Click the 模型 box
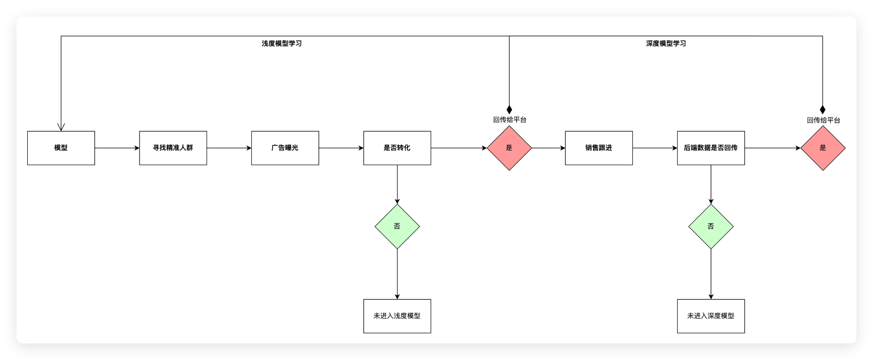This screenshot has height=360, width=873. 61,148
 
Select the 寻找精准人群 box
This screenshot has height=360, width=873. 173,148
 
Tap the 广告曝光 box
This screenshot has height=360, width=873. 285,148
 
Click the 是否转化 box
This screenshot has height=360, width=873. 397,148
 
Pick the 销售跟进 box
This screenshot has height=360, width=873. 598,148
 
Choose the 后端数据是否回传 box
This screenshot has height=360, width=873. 711,148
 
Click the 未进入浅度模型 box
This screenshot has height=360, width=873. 397,316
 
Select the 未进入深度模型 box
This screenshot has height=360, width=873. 711,316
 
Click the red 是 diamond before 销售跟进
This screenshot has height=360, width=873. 509,148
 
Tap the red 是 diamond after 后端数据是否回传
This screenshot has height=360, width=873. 822,148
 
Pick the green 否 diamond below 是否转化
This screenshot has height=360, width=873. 397,226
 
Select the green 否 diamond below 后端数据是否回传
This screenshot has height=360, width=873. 711,226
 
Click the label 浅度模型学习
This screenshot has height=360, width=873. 281,43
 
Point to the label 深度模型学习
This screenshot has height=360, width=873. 666,43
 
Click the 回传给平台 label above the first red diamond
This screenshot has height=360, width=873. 509,120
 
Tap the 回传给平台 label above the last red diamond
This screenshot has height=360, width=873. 823,120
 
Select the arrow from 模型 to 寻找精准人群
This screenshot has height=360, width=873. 117,148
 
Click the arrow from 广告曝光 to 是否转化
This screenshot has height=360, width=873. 341,148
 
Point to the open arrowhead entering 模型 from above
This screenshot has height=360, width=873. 61,126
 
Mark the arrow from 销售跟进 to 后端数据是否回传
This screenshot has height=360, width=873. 655,148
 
